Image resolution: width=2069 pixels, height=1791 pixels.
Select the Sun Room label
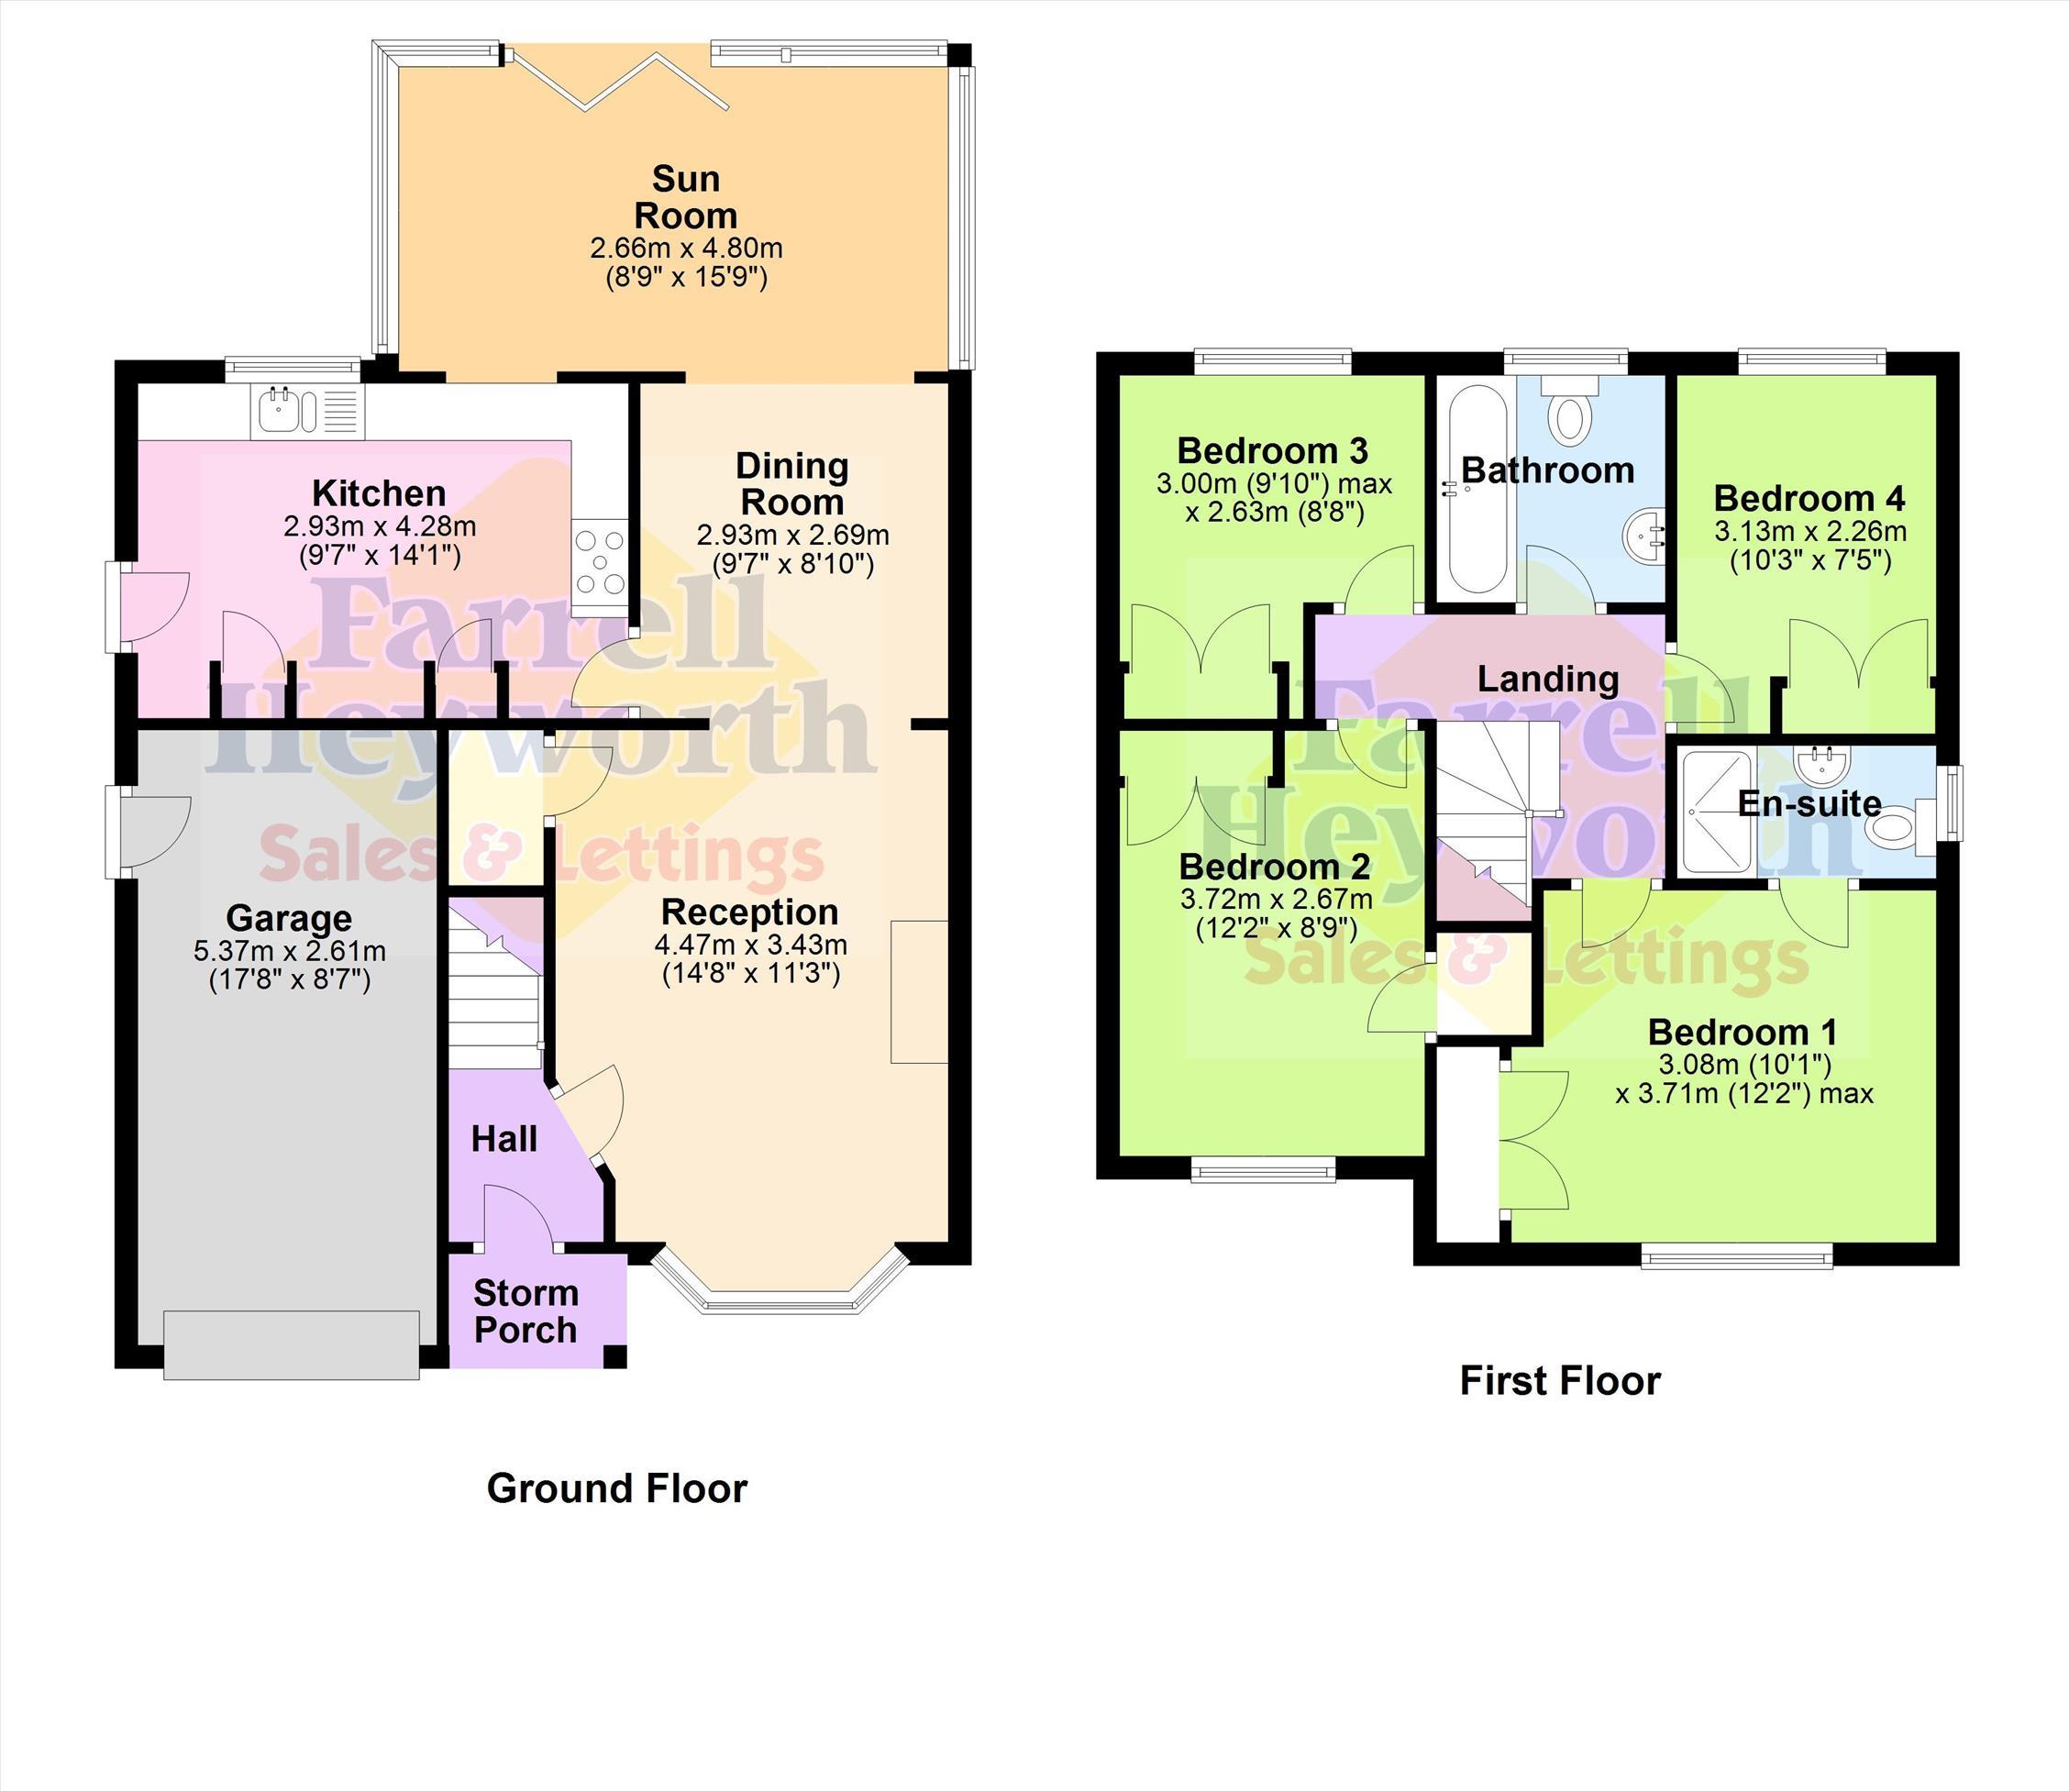(686, 197)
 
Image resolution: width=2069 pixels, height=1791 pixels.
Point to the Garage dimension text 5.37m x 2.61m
(290, 950)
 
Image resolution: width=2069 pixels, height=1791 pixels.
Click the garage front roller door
(291, 1344)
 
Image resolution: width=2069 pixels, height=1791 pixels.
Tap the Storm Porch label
(526, 1311)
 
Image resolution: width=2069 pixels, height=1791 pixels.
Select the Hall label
(503, 1138)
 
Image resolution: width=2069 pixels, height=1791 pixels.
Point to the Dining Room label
(792, 483)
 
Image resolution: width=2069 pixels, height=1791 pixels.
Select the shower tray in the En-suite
(1718, 812)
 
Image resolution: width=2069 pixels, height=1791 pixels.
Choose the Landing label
(1548, 679)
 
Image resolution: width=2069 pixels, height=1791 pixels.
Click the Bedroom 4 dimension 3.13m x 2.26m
(1810, 531)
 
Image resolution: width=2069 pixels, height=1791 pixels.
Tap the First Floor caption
(1560, 1380)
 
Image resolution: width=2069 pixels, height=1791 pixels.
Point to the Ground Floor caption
(616, 1488)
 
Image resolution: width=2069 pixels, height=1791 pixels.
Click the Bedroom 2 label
(1276, 866)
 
